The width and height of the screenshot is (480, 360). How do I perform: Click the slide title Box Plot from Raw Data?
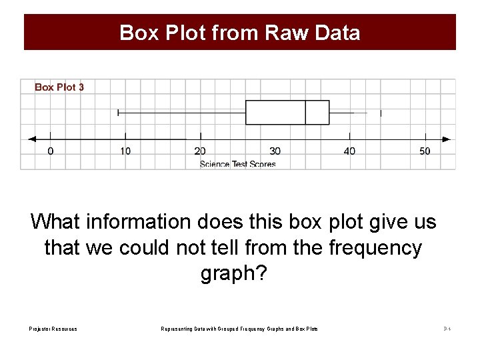click(240, 33)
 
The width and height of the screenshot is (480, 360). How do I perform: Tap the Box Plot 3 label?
click(59, 87)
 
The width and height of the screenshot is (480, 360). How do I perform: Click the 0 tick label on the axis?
click(51, 151)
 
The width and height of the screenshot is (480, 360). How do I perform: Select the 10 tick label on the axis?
click(125, 151)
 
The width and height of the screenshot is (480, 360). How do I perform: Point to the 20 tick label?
click(200, 151)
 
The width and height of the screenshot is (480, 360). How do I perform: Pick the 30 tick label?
click(275, 151)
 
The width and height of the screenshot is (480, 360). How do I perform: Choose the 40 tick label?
click(349, 151)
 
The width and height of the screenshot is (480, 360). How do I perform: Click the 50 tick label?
click(425, 151)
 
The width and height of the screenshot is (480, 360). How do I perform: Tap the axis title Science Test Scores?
click(238, 164)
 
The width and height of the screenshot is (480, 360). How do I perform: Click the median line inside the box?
click(305, 113)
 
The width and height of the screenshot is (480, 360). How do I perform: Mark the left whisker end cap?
click(118, 113)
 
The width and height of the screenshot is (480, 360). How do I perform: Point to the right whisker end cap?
click(381, 113)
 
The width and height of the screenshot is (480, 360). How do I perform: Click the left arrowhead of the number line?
click(31, 139)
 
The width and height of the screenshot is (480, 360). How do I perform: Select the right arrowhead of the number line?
click(447, 139)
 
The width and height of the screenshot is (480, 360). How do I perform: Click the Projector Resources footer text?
click(53, 329)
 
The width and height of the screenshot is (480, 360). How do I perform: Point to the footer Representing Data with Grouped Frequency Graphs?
click(240, 329)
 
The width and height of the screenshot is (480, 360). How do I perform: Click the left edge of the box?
click(246, 113)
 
